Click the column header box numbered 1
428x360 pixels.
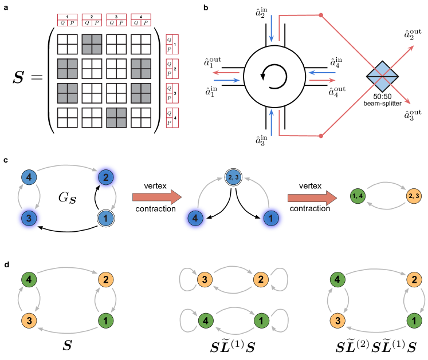tap(67, 20)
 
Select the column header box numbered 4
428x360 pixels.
tap(141, 20)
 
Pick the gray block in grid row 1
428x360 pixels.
tap(92, 44)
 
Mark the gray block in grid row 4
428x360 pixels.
tap(116, 117)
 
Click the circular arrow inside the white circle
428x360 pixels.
tap(274, 76)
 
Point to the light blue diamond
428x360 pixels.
tap(382, 76)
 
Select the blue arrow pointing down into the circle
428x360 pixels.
tap(272, 29)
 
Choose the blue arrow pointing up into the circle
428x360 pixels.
tap(272, 122)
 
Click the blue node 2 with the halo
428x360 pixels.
tap(105, 177)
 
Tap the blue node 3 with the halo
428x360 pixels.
tap(28, 218)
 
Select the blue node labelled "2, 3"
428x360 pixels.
tap(234, 177)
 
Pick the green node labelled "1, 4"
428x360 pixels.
tap(357, 196)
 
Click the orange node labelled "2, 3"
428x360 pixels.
tap(413, 196)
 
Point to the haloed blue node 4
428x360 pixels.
tap(195, 218)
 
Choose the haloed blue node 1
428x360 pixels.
tap(272, 218)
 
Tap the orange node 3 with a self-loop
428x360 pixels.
tap(205, 280)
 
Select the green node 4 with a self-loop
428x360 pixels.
tap(205, 320)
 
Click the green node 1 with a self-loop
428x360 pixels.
tap(261, 320)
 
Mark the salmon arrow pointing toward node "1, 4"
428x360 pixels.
tap(312, 197)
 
